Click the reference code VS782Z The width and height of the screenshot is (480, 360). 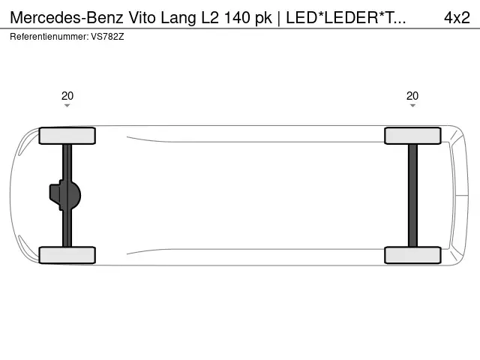(x=107, y=36)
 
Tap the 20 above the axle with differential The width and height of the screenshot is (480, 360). (x=67, y=95)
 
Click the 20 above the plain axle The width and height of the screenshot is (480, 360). (x=412, y=95)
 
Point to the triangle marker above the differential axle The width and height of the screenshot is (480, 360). (x=67, y=106)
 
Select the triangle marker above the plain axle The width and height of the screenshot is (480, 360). (x=412, y=106)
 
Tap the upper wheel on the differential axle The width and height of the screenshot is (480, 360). (x=67, y=136)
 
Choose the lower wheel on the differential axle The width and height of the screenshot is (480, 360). (x=67, y=255)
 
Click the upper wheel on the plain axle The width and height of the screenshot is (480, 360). (x=412, y=136)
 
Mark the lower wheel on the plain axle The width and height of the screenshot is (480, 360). (x=412, y=255)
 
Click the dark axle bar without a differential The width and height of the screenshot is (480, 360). (x=412, y=195)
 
